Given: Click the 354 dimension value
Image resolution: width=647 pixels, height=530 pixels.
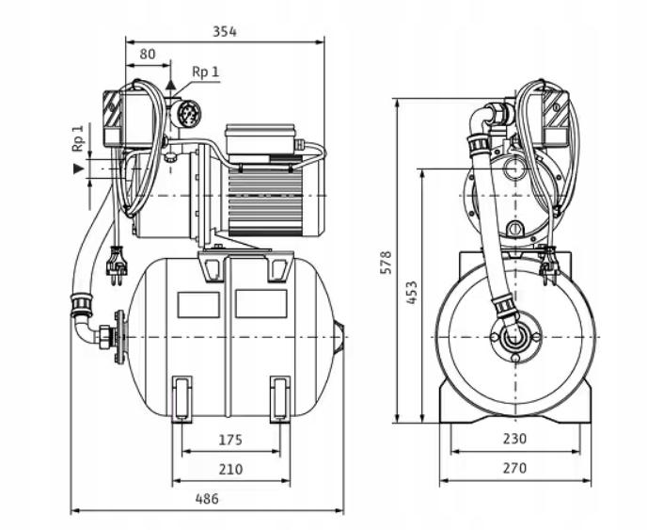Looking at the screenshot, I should [x=224, y=31].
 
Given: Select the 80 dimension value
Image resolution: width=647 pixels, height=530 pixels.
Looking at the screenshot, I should [x=148, y=55].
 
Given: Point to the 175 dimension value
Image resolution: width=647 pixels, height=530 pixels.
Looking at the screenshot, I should [x=230, y=439].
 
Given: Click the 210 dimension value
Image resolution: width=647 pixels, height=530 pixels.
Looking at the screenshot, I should [x=230, y=468].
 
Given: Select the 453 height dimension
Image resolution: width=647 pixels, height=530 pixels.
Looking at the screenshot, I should [x=412, y=295].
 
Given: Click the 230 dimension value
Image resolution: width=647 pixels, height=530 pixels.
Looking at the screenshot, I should [x=513, y=439].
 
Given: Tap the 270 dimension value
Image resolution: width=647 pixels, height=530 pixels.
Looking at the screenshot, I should [x=513, y=468].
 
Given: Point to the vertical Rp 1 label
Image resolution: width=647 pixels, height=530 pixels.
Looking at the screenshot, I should [x=78, y=138].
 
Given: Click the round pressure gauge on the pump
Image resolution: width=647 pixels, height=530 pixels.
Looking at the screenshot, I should [x=189, y=114].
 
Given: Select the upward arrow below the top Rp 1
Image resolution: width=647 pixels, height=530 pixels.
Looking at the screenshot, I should [x=171, y=85].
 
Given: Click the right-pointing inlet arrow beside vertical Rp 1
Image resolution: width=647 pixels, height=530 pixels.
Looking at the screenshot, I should [x=78, y=169].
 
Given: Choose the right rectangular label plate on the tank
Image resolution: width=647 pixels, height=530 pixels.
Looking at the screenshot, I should [x=260, y=303].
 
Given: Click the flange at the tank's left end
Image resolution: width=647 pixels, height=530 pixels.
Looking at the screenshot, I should [x=118, y=336].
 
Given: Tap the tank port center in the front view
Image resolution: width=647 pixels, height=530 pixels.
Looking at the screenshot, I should [x=513, y=336].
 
